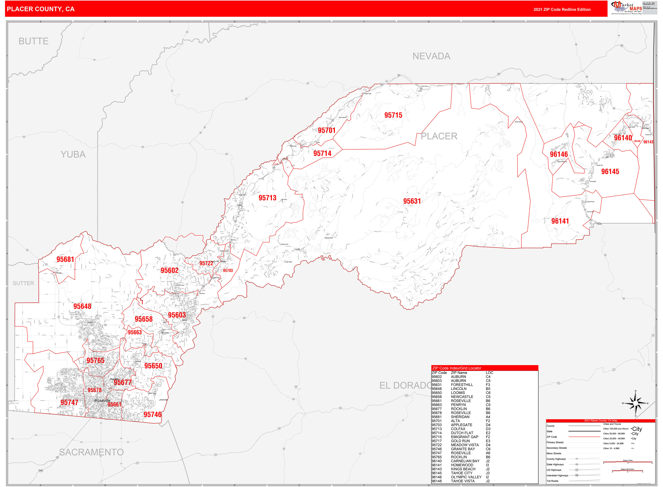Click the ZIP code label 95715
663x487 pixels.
[393, 115]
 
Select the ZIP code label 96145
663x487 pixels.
[610, 172]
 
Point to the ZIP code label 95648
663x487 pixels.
[82, 306]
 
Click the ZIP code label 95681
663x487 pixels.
[65, 259]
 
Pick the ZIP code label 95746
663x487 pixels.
[152, 415]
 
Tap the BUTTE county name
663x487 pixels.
[34, 41]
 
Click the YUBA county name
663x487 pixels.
[73, 155]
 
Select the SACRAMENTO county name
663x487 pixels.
[91, 452]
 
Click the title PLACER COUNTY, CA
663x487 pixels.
[41, 9]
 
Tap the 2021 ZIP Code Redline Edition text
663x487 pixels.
[562, 9]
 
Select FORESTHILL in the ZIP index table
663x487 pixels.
[462, 385]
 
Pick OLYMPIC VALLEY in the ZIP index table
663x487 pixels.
[466, 477]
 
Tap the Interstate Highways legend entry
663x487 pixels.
[557, 476]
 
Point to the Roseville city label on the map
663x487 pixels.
[103, 401]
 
